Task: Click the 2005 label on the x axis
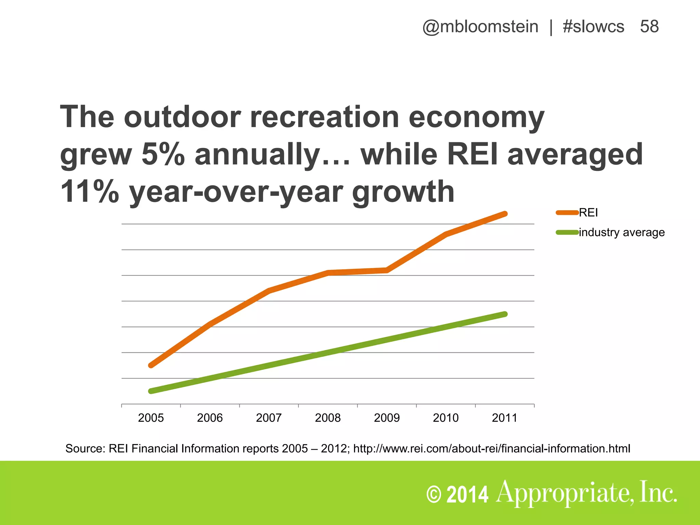[151, 418]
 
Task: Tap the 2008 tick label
[328, 418]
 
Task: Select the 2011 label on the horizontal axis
[504, 418]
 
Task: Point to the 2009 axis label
[387, 418]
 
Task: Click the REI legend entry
[588, 213]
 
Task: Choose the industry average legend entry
[621, 232]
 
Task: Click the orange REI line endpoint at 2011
[505, 214]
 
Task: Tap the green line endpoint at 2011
[505, 314]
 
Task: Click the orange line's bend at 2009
[387, 270]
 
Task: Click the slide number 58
[649, 27]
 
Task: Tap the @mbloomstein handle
[480, 27]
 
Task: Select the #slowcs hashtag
[593, 27]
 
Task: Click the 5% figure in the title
[163, 154]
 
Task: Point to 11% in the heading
[90, 191]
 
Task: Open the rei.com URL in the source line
[492, 448]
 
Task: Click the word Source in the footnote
[85, 448]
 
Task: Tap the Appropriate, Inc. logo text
[586, 493]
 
